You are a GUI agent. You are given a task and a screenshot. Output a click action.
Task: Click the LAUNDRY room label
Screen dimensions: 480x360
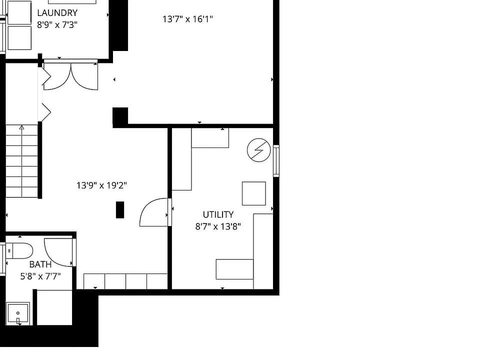tap(57, 13)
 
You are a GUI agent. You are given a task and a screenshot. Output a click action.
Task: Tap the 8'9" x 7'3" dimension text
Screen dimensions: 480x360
tap(57, 25)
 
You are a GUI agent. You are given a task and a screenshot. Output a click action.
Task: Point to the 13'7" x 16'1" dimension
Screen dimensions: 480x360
tap(187, 19)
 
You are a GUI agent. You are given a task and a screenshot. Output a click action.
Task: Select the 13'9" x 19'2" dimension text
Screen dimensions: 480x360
tap(101, 185)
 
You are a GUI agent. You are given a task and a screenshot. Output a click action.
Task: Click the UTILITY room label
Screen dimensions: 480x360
tap(218, 214)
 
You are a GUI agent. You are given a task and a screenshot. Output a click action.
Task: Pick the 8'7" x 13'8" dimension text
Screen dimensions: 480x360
tap(218, 226)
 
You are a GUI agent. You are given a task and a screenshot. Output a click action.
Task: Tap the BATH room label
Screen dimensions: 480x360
tap(40, 264)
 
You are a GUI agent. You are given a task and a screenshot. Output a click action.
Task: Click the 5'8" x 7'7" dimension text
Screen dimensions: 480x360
tap(40, 276)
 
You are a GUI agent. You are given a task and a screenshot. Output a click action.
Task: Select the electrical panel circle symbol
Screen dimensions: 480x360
tap(258, 150)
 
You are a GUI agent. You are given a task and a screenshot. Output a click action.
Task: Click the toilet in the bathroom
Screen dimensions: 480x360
tap(19, 251)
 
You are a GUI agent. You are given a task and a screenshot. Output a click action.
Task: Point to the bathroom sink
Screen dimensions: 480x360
tap(18, 313)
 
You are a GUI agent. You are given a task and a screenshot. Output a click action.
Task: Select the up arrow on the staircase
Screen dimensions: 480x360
tap(21, 127)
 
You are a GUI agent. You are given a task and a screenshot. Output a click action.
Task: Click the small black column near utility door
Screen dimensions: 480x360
tap(120, 210)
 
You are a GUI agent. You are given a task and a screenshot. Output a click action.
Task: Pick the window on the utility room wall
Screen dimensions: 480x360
tap(276, 161)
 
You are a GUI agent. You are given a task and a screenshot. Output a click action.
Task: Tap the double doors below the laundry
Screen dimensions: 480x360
tap(70, 77)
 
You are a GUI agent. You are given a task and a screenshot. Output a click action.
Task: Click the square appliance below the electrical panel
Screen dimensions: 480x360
tap(254, 193)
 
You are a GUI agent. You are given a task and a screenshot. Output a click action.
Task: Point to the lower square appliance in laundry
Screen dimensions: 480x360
tap(19, 38)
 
